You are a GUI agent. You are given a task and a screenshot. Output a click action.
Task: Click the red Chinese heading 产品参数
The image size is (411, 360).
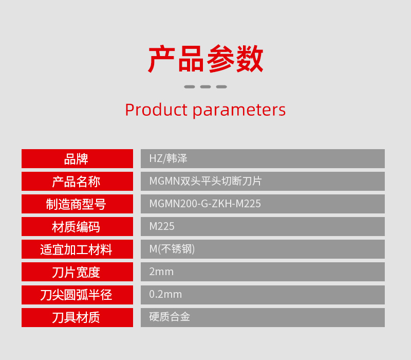[206, 59]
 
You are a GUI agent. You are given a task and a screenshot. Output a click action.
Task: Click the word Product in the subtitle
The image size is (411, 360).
[156, 110]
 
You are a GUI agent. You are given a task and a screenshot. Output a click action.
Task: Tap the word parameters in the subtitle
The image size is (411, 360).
[239, 111]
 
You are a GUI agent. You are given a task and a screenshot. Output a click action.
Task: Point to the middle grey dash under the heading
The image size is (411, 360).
[206, 86]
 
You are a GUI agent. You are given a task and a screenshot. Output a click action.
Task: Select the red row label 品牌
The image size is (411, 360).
[76, 159]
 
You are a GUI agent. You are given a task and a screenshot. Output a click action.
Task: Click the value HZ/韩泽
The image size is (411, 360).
[169, 158]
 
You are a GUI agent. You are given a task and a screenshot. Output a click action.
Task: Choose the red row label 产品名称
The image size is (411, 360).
[76, 182]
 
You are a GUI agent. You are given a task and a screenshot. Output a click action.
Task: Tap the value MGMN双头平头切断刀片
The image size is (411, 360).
[206, 181]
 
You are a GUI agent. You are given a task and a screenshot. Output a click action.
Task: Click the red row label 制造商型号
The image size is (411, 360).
[76, 204]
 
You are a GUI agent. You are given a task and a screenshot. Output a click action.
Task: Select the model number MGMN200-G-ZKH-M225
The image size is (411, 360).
[205, 204]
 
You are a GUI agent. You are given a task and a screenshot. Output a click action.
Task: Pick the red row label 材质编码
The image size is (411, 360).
[76, 227]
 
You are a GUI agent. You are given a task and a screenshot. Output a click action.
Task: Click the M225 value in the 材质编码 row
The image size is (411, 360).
[162, 226]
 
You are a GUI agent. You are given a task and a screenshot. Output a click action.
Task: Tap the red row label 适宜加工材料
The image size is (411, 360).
[76, 249]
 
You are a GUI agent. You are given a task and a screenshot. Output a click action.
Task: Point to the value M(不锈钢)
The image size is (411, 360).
[172, 249]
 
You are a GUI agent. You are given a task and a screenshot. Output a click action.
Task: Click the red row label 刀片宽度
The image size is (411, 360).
[76, 272]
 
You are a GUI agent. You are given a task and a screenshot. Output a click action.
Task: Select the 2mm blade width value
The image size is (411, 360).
[161, 272]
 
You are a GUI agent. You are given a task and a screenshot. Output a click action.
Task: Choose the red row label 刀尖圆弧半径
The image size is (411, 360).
[76, 295]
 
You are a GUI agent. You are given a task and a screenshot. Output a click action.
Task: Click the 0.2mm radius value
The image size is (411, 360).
[165, 294]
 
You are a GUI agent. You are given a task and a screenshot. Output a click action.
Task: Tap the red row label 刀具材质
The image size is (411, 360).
[76, 317]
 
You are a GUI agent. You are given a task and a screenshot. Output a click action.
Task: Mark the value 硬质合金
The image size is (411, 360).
[170, 317]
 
